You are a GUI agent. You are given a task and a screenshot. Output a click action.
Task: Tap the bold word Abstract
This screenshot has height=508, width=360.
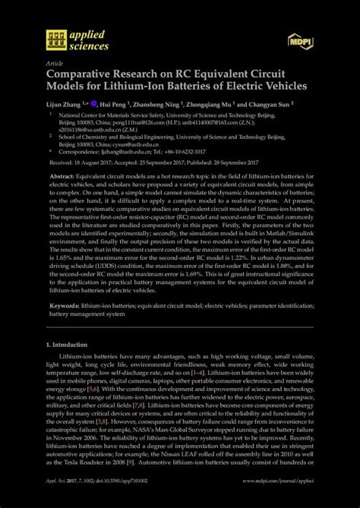point(62,175)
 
